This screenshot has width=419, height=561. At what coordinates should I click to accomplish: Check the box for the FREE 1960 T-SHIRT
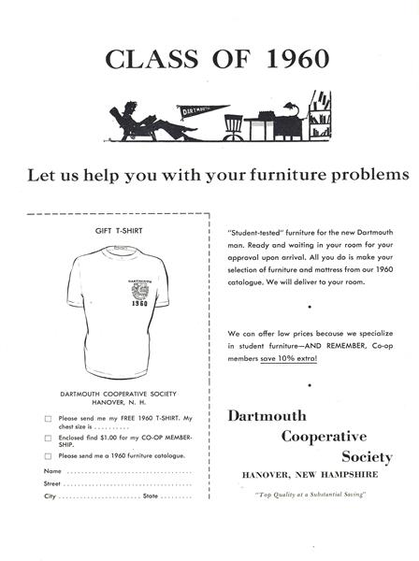coord(48,418)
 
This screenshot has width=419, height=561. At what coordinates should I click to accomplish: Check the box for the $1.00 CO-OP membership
coord(48,437)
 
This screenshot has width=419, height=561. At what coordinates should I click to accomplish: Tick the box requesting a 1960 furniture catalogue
coord(48,455)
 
